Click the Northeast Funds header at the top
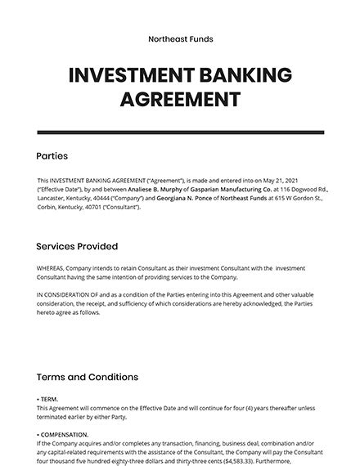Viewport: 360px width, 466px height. pos(180,38)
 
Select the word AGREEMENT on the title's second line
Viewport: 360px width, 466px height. pos(180,101)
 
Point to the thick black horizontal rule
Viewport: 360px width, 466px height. pos(180,132)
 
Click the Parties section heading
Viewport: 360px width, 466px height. pos(52,156)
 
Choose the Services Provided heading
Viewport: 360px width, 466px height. pos(77,246)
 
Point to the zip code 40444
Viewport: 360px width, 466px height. pos(110,199)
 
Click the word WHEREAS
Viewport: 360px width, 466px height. pos(52,269)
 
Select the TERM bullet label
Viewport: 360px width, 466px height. pos(50,399)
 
